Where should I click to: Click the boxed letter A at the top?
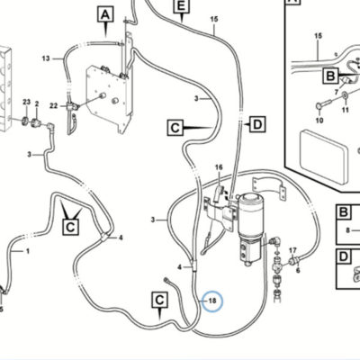pyautogui.click(x=105, y=14)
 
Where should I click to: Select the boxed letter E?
pyautogui.click(x=182, y=6)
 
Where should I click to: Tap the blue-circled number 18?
pyautogui.click(x=212, y=301)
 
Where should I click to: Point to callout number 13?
pyautogui.click(x=46, y=58)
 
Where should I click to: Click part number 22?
pyautogui.click(x=53, y=105)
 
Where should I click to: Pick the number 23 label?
pyautogui.click(x=27, y=102)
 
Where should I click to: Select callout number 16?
pyautogui.click(x=219, y=167)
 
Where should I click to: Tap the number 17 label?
pyautogui.click(x=292, y=250)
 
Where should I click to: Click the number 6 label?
pyautogui.click(x=298, y=270)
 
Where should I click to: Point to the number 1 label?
pyautogui.click(x=28, y=251)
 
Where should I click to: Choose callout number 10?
pyautogui.click(x=319, y=121)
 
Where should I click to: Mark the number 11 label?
pyautogui.click(x=346, y=110)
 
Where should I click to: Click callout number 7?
pyautogui.click(x=337, y=92)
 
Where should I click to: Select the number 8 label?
pyautogui.click(x=348, y=230)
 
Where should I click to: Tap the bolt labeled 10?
pyautogui.click(x=323, y=103)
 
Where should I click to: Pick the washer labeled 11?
pyautogui.click(x=346, y=96)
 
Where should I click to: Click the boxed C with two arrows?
pyautogui.click(x=70, y=227)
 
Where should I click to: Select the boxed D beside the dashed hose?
pyautogui.click(x=257, y=124)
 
